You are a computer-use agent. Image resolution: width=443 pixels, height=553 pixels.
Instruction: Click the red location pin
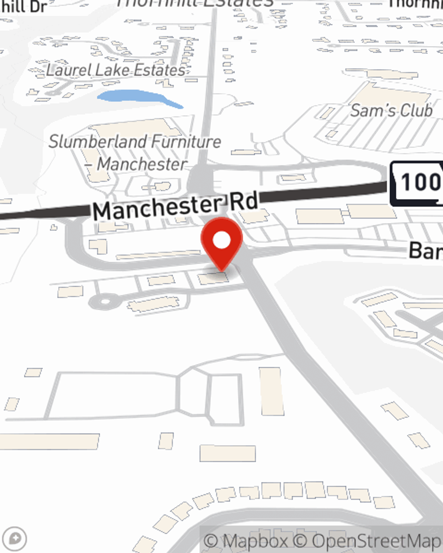coord(221,243)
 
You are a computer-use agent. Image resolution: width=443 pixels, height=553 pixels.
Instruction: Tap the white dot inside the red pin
coord(222,240)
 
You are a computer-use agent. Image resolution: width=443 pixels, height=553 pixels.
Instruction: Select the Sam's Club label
coord(391,110)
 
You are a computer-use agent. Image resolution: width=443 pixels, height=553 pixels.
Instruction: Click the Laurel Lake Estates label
coord(116,70)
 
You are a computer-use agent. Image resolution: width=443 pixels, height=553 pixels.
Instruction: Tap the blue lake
coord(137,98)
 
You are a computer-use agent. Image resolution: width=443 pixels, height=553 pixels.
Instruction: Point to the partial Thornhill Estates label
coord(195,3)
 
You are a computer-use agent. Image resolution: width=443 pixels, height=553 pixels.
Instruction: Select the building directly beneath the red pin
coord(213,278)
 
